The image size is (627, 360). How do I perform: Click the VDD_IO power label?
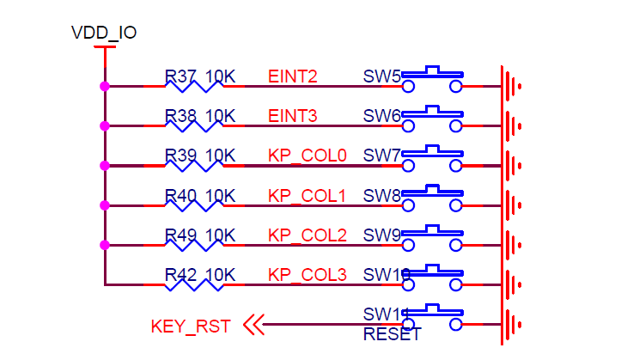(104, 34)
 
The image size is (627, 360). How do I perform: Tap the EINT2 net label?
(293, 77)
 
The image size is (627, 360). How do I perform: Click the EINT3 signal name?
(293, 117)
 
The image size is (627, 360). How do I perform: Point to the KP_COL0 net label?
(307, 156)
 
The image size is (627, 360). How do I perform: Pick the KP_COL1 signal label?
(307, 196)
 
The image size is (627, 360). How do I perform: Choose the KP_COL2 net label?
(307, 235)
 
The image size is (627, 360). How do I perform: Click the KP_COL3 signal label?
(307, 275)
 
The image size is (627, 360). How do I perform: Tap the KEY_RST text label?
(191, 326)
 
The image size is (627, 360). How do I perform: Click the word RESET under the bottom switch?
(393, 335)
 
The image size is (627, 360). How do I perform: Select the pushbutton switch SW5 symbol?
(433, 80)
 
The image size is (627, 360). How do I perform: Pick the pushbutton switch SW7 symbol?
(433, 159)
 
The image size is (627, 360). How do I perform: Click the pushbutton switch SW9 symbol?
(433, 238)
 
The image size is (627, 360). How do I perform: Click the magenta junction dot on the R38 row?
(105, 125)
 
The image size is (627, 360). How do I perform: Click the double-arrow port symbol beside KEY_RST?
(253, 325)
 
